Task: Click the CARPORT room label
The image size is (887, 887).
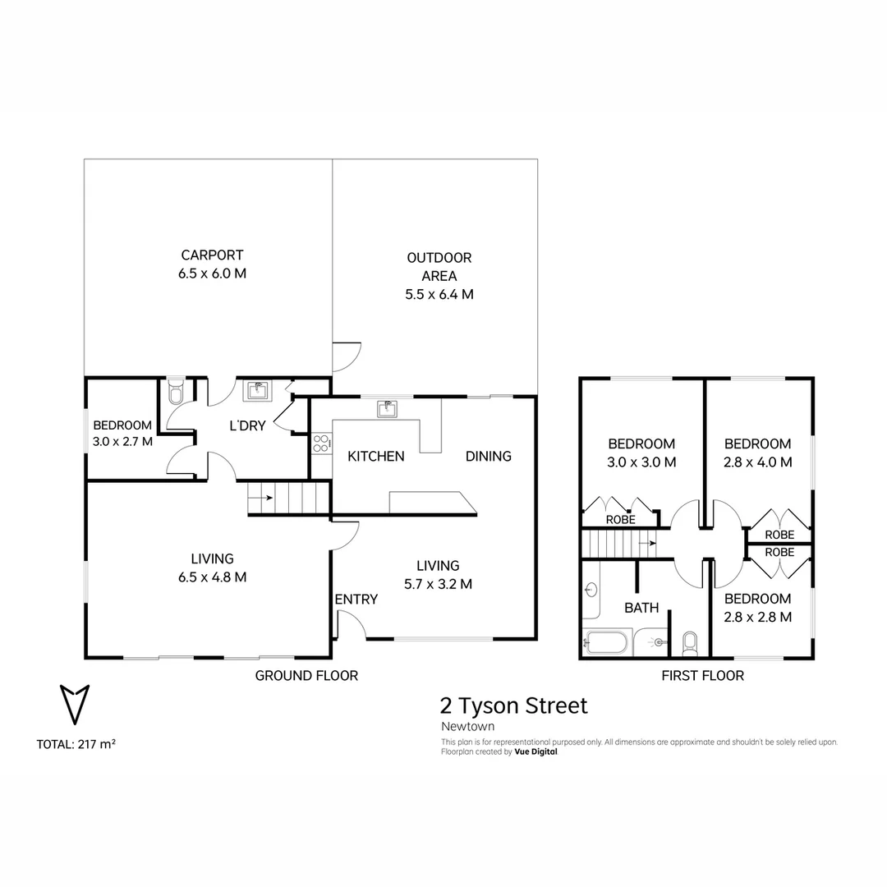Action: [212, 255]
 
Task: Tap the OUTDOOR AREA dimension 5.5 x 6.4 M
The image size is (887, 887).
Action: [439, 294]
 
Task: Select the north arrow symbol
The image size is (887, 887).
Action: [75, 703]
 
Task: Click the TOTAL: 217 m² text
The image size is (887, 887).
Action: [76, 745]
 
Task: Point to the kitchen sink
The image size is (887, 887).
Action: [386, 408]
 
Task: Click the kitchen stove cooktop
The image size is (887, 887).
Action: [321, 444]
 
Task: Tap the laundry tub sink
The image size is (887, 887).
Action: [257, 390]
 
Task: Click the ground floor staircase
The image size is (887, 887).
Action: [287, 499]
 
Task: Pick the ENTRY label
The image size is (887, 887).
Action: [356, 600]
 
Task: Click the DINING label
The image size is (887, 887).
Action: [488, 456]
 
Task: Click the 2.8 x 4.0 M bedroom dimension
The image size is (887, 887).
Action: [758, 462]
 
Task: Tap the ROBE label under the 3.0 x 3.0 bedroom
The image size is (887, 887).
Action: [620, 520]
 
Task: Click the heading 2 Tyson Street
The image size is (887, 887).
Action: [514, 705]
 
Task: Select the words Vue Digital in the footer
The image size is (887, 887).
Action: [535, 751]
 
